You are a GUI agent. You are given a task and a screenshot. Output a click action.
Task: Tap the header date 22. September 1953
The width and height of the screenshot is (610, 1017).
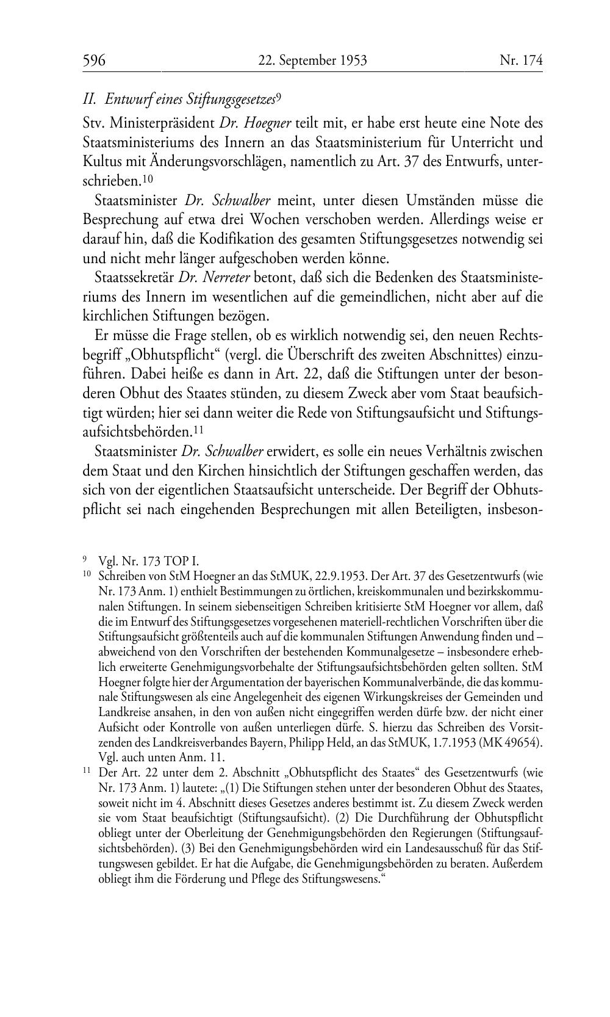312,60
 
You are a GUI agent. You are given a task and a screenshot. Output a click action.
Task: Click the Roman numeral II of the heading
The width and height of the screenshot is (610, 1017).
88,98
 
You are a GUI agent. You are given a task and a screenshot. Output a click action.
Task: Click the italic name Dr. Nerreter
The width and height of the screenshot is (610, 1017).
206,278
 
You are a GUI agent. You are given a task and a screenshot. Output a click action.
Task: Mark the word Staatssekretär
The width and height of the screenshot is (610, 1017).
134,278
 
